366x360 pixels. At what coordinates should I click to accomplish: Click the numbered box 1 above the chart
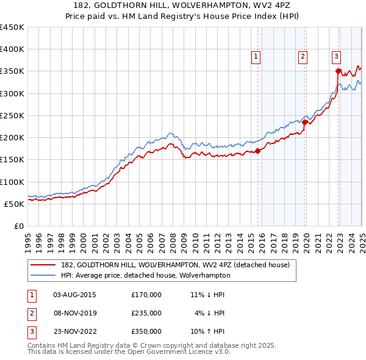pyautogui.click(x=256, y=57)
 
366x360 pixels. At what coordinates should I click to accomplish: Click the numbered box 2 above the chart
pyautogui.click(x=303, y=57)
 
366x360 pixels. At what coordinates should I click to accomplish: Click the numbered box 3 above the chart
pyautogui.click(x=336, y=57)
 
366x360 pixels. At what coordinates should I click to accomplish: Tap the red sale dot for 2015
pyautogui.click(x=257, y=151)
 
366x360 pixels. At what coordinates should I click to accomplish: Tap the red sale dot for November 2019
pyautogui.click(x=305, y=122)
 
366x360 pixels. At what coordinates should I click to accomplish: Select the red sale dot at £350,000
pyautogui.click(x=339, y=71)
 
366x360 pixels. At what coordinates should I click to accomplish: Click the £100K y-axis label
pyautogui.click(x=12, y=182)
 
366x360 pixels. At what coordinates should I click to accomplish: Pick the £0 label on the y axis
pyautogui.click(x=18, y=226)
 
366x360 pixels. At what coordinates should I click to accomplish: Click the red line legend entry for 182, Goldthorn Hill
pyautogui.click(x=170, y=265)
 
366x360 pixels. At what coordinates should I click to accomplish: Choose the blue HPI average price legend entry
pyautogui.click(x=146, y=275)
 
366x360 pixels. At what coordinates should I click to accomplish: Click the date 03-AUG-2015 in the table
pyautogui.click(x=75, y=295)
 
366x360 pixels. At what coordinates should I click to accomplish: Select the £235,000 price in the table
pyautogui.click(x=146, y=313)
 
